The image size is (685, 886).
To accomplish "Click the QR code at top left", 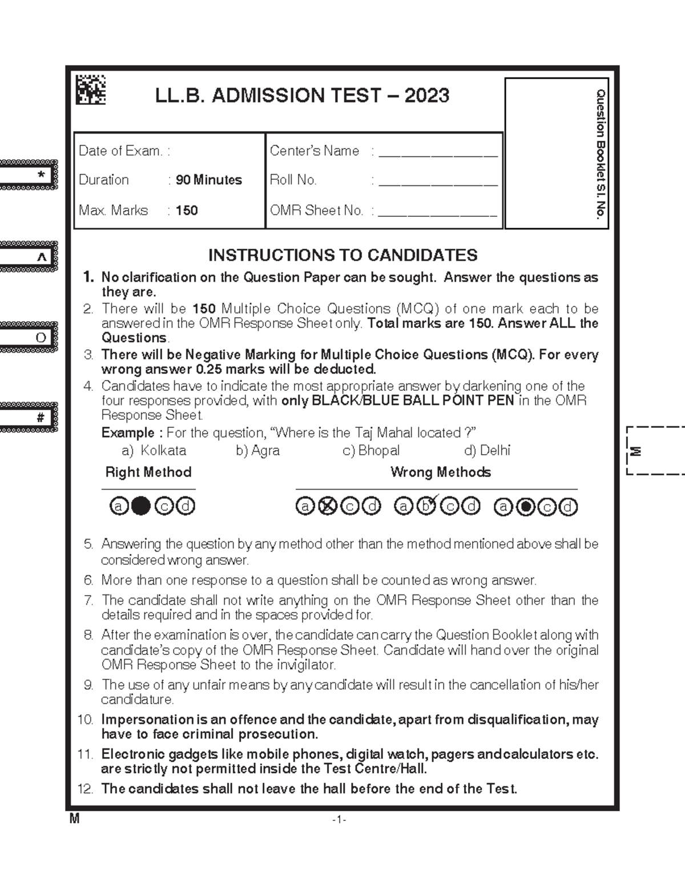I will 91,90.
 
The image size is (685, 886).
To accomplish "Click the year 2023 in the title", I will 427,95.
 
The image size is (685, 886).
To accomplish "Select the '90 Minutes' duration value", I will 209,180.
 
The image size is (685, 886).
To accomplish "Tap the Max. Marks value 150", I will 187,211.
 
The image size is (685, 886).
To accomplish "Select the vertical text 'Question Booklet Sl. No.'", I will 600,154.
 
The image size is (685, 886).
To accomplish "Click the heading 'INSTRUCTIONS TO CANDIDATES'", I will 342,255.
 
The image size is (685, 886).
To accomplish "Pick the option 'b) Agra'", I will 257,451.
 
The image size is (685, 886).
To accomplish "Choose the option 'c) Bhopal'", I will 370,451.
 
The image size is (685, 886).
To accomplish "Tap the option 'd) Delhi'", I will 487,451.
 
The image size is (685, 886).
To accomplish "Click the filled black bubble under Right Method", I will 141,506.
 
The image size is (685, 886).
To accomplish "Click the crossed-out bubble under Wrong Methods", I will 327,507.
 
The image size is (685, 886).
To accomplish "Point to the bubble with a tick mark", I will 426,506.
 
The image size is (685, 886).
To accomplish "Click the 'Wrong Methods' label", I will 440,472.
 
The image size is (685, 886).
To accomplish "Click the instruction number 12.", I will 85,790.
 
